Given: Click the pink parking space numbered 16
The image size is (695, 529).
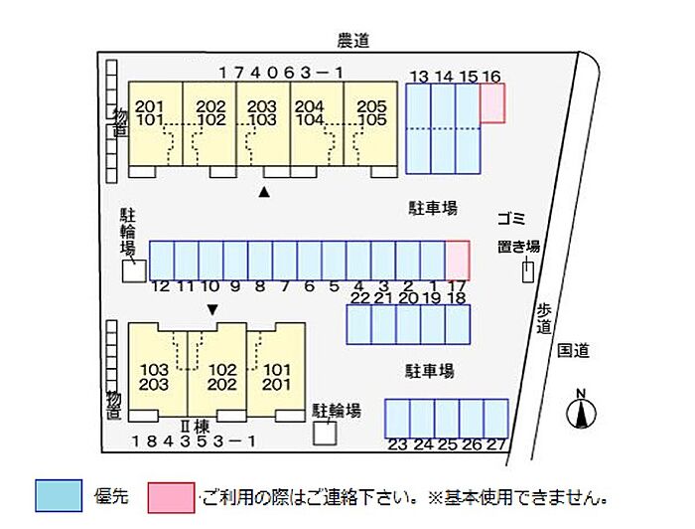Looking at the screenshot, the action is point(492,103).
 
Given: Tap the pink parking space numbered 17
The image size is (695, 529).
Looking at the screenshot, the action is point(458,261).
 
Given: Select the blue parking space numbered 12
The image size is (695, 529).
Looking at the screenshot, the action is point(162,261).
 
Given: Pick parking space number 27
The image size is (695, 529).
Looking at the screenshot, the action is point(496,419).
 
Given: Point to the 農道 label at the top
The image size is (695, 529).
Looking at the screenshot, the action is point(353,41).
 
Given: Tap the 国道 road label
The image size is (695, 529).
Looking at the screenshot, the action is point(573,351).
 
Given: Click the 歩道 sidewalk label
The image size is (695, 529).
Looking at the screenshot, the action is point(544,318).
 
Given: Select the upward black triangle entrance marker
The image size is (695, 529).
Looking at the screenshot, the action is point(264,192).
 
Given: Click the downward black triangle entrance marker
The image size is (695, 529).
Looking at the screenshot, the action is point(212,310).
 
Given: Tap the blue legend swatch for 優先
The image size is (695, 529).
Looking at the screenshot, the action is point(59,496).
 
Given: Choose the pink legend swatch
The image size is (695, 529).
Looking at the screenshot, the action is point(171,498).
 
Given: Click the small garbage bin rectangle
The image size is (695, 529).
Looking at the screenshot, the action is point(527,271).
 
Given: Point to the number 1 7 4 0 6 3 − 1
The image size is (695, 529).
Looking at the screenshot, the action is point(281,73).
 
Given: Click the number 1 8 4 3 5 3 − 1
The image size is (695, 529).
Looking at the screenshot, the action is point(194,441).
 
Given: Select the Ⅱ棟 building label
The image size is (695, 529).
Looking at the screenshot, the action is point(195,427).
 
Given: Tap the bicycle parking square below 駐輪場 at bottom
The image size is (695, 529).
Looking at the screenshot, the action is point(325,434).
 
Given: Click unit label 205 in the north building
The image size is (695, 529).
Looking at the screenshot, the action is point(372,106).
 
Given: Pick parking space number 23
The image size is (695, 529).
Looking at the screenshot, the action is point(397,419).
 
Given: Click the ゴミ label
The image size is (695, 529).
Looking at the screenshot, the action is point(511,219).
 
